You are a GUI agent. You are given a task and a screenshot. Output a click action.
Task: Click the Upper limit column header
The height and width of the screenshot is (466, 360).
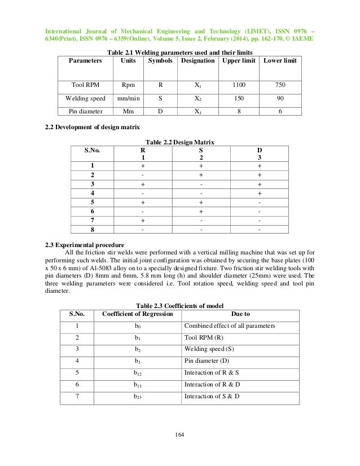point(236,59)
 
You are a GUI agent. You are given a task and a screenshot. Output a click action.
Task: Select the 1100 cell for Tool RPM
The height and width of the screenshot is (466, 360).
point(236,85)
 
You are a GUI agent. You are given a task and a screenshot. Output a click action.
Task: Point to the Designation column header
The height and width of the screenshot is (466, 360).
point(197,59)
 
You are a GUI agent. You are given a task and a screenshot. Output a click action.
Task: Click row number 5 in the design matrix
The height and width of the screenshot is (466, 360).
point(92,202)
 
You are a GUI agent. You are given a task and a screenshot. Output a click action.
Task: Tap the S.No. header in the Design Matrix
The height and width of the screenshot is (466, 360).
point(92,151)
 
